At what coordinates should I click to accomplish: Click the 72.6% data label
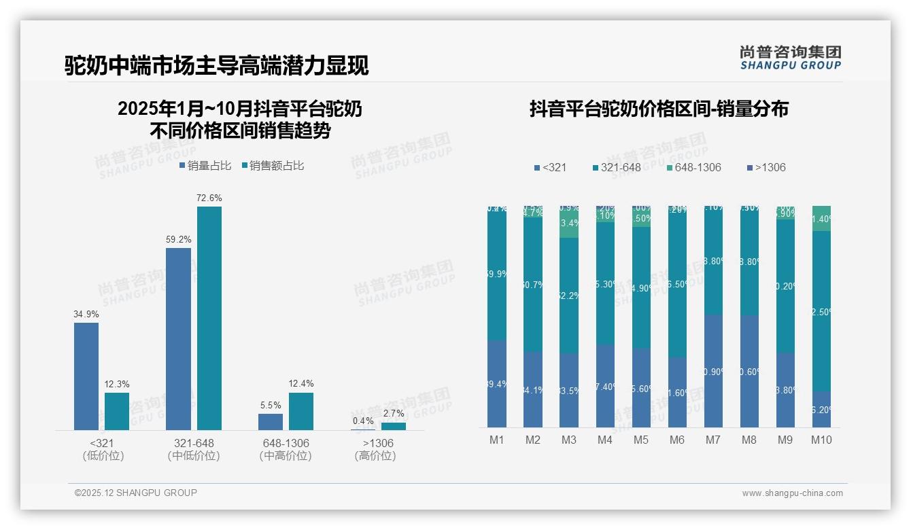tap(209, 198)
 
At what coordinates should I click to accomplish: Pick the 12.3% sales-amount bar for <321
tap(117, 411)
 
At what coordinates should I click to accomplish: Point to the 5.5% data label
tap(271, 405)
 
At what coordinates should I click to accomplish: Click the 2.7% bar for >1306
tap(393, 426)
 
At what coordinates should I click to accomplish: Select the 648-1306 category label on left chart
tap(286, 443)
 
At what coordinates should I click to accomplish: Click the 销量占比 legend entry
tap(205, 165)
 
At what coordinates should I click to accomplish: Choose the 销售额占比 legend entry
tap(273, 165)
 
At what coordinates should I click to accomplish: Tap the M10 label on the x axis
tap(821, 440)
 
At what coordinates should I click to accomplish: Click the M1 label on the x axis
tap(497, 440)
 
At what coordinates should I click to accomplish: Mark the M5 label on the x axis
tap(641, 440)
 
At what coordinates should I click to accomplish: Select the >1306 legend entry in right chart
tap(766, 167)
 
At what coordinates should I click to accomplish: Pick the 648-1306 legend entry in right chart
tap(693, 167)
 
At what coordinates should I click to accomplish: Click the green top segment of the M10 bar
tap(821, 218)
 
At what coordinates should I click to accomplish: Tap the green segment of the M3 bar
tap(569, 222)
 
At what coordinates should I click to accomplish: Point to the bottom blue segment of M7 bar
tap(713, 371)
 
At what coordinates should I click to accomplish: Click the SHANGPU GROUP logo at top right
tap(791, 58)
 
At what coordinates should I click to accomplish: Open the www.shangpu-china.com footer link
tap(792, 493)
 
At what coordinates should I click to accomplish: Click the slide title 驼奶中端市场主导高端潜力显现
tap(217, 65)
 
